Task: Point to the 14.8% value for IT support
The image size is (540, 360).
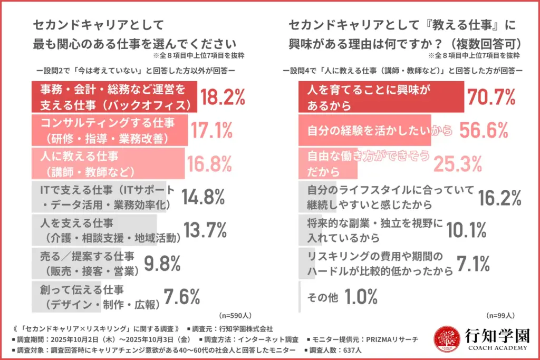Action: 204,197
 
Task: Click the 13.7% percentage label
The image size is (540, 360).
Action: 205,230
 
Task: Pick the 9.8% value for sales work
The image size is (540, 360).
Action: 163,263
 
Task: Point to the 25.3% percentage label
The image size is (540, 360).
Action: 458,163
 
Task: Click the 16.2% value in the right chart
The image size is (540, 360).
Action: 500,197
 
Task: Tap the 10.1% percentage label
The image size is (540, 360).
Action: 466,230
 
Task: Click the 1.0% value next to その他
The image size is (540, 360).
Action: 361,297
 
